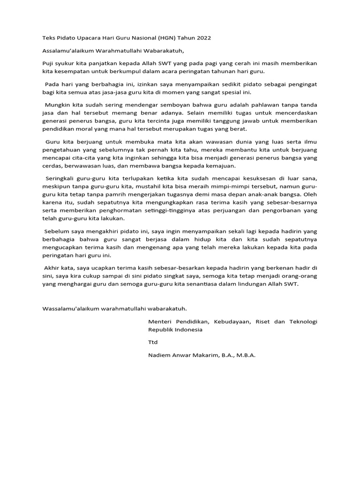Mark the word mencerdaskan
tap(295, 112)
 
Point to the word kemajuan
tap(221, 166)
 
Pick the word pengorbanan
tap(274, 211)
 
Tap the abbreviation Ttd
tap(153, 342)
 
